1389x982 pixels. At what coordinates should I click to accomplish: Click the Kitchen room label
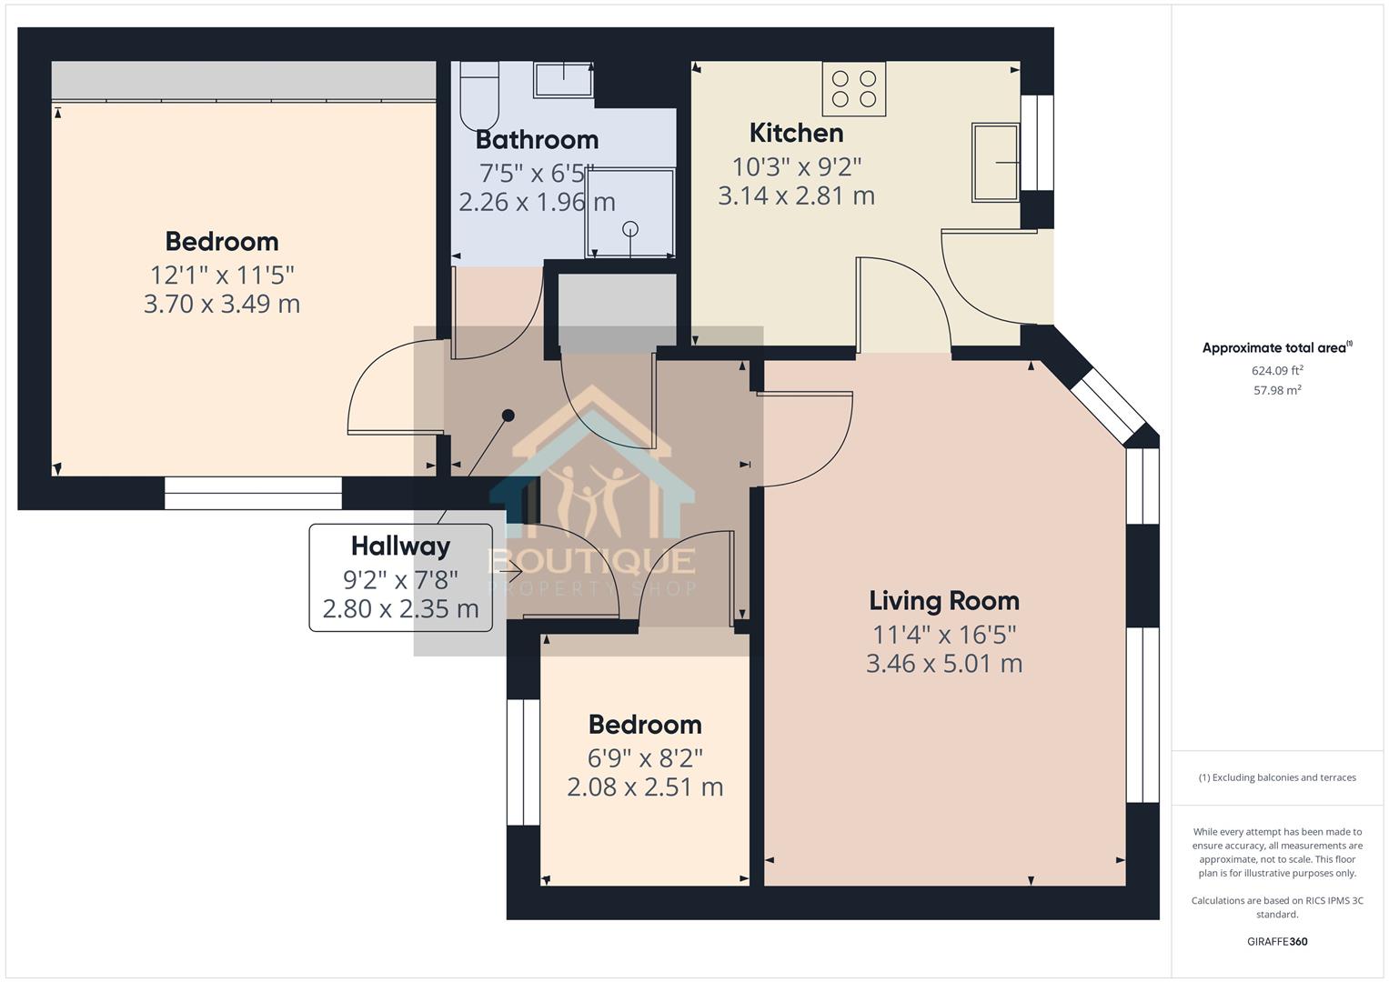pyautogui.click(x=796, y=134)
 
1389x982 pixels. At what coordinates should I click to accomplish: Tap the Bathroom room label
pyautogui.click(x=537, y=140)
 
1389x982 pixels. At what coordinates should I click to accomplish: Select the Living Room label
pyautogui.click(x=944, y=601)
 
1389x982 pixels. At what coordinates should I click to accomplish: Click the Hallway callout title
pyautogui.click(x=400, y=546)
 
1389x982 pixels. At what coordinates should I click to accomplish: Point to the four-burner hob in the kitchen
pyautogui.click(x=854, y=89)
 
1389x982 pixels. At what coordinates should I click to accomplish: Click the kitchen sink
pyautogui.click(x=995, y=163)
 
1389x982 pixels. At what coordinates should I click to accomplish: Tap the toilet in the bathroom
pyautogui.click(x=479, y=95)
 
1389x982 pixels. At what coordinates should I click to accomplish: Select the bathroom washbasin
pyautogui.click(x=563, y=79)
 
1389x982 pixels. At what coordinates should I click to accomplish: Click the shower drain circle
pyautogui.click(x=630, y=229)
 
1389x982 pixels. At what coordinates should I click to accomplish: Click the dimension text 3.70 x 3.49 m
pyautogui.click(x=222, y=304)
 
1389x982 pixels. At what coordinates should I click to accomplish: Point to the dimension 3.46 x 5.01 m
pyautogui.click(x=944, y=664)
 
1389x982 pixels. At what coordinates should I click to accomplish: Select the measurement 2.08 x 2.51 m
pyautogui.click(x=645, y=787)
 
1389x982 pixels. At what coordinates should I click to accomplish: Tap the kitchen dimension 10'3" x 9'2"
pyautogui.click(x=797, y=166)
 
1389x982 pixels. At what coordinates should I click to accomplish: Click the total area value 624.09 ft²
pyautogui.click(x=1277, y=370)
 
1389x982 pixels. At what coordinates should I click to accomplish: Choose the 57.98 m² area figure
pyautogui.click(x=1277, y=390)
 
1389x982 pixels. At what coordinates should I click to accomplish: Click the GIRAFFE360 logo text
pyautogui.click(x=1277, y=941)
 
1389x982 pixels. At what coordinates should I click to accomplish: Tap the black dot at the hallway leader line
pyautogui.click(x=508, y=416)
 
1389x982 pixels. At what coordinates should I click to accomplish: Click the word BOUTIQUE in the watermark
pyautogui.click(x=592, y=561)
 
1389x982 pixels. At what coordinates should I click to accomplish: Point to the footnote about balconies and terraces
pyautogui.click(x=1277, y=777)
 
